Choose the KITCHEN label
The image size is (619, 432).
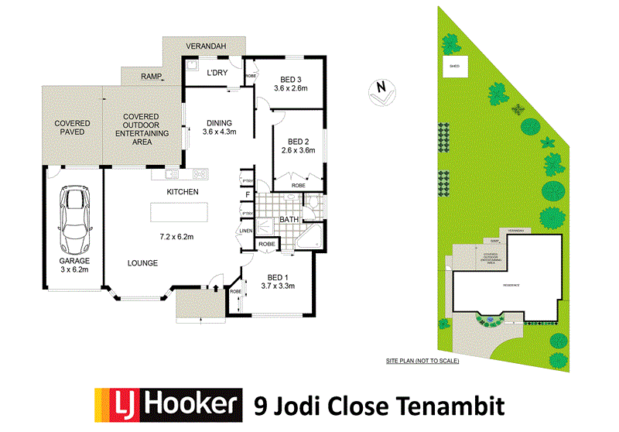pyautogui.click(x=183, y=192)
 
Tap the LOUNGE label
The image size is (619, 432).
pyautogui.click(x=143, y=263)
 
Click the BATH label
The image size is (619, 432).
pyautogui.click(x=289, y=220)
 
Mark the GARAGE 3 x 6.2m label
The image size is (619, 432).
pyautogui.click(x=74, y=266)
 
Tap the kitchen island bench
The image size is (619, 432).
pyautogui.click(x=180, y=211)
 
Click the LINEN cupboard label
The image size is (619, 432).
pyautogui.click(x=247, y=231)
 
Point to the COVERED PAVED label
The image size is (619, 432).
pyautogui.click(x=72, y=128)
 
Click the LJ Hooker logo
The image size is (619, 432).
pyautogui.click(x=166, y=403)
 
